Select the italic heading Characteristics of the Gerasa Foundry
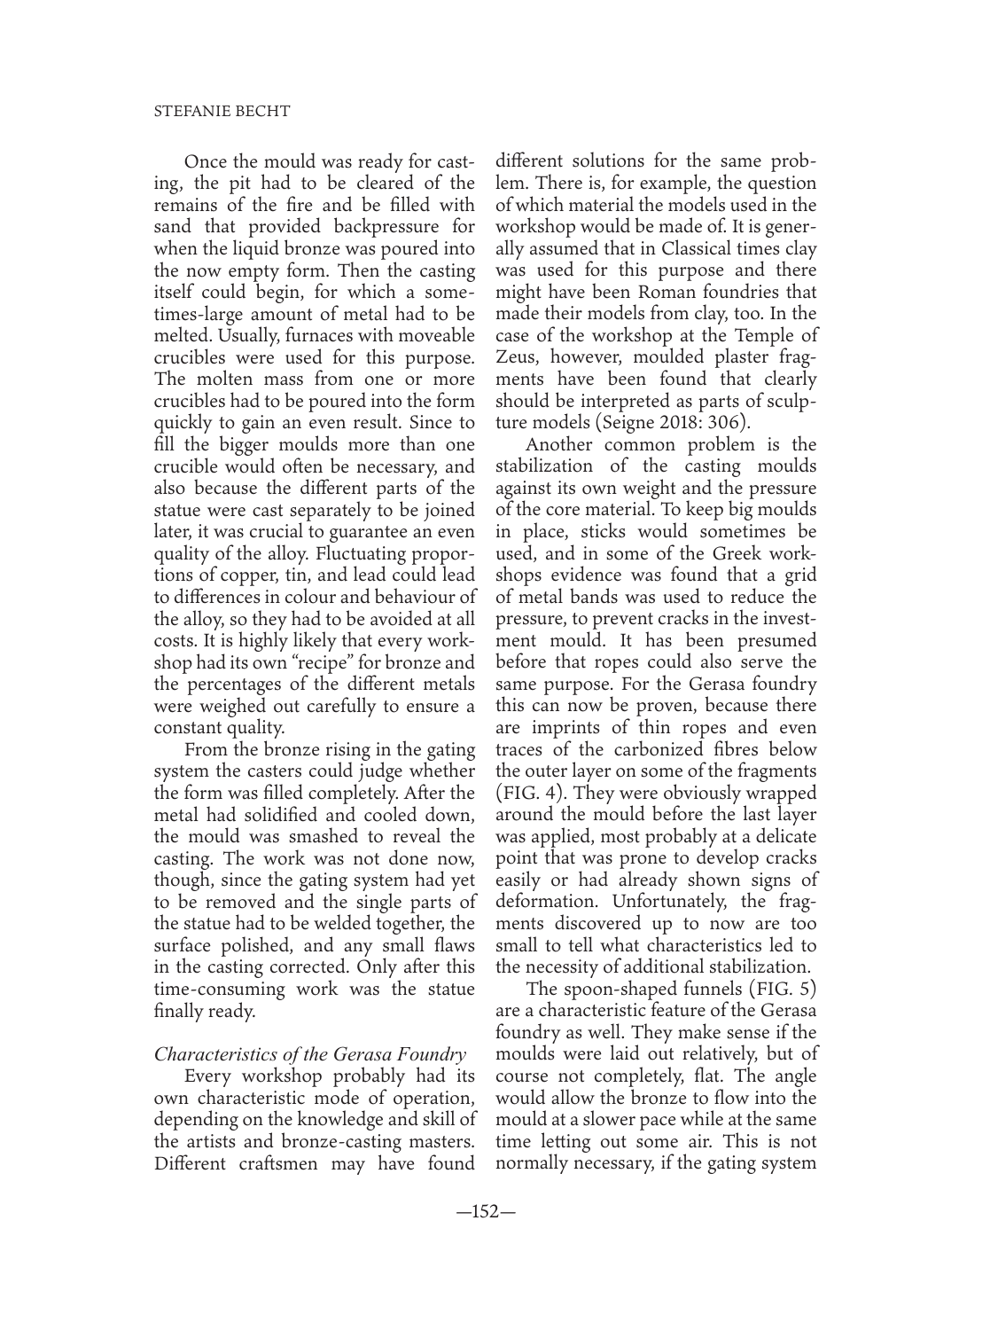click(310, 1055)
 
